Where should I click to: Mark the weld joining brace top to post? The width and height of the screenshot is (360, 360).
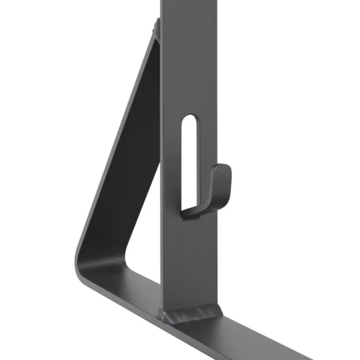[156, 30]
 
